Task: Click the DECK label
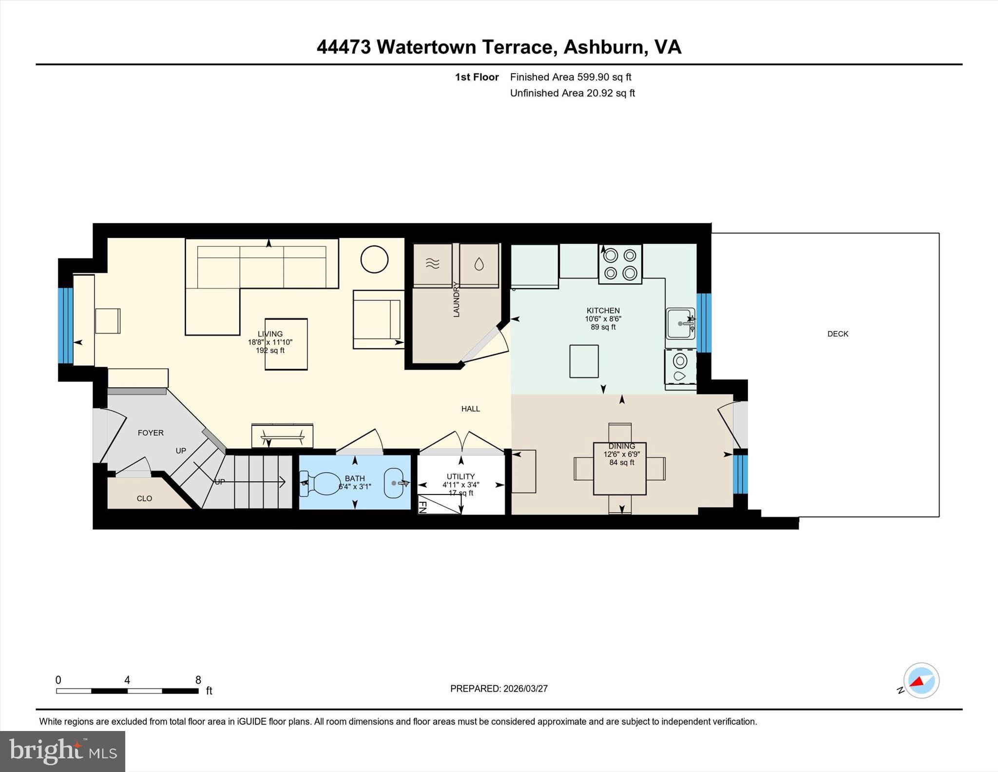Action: click(x=838, y=334)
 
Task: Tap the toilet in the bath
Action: click(x=321, y=483)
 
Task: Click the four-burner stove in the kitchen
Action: click(x=620, y=264)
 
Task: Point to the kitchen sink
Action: click(x=680, y=323)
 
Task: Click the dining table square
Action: click(x=619, y=469)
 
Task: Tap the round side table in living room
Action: click(x=374, y=259)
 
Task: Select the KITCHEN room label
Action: click(x=603, y=311)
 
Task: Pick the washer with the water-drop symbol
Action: click(x=479, y=265)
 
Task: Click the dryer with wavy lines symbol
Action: click(x=433, y=265)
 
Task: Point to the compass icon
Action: click(x=921, y=680)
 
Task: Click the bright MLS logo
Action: click(x=62, y=752)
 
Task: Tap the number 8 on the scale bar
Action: click(x=198, y=680)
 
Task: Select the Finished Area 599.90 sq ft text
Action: click(x=570, y=77)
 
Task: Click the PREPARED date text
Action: click(x=499, y=689)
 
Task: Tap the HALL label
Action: click(x=470, y=409)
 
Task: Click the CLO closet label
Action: click(x=144, y=498)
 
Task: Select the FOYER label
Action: click(x=151, y=433)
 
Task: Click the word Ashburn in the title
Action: click(x=604, y=47)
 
